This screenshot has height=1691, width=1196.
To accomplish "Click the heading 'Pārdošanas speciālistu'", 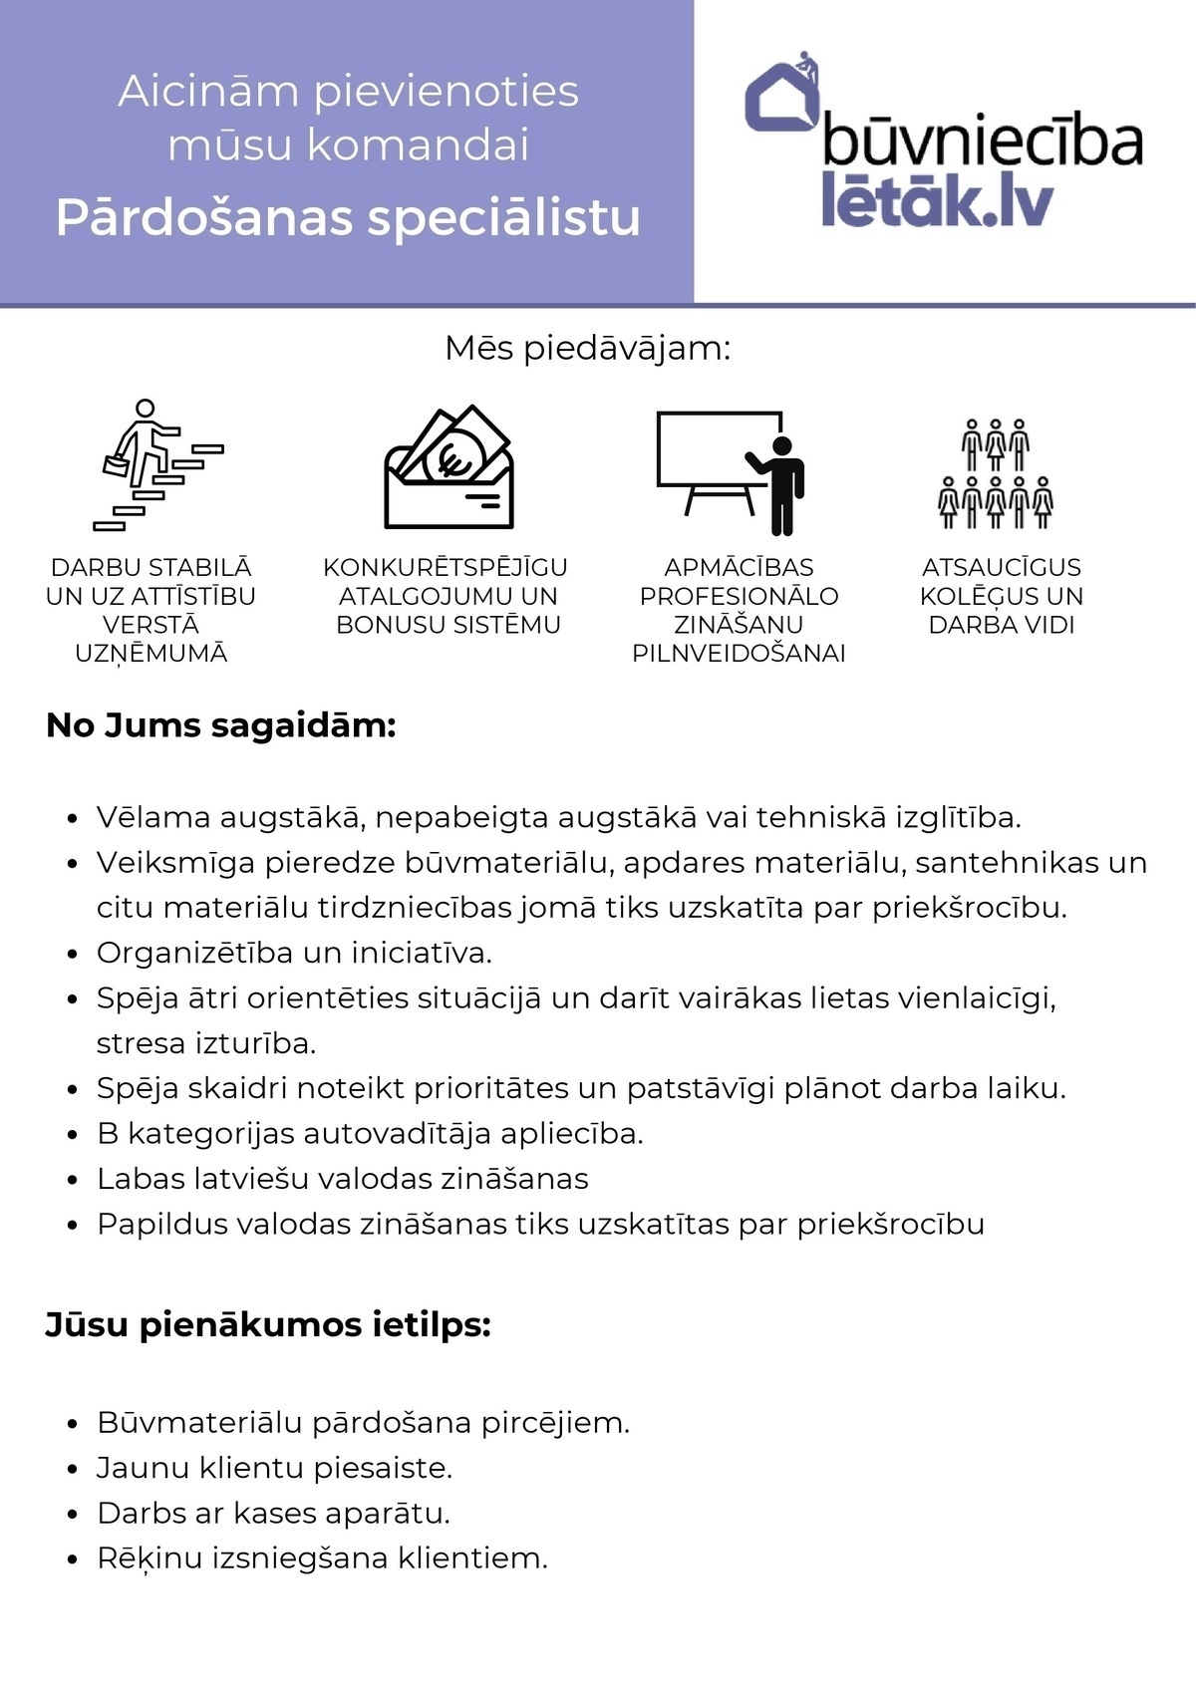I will (x=348, y=217).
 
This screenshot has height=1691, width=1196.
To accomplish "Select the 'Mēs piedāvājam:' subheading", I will (x=588, y=349).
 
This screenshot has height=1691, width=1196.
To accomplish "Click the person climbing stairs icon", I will (x=156, y=464).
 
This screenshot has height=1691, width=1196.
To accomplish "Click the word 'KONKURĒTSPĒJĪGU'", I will (x=446, y=567).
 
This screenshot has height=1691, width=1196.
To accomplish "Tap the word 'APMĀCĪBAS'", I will (x=739, y=567).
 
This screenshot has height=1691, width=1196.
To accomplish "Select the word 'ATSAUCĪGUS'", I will (x=1001, y=567).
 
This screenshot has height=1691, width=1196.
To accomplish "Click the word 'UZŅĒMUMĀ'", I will (x=151, y=654).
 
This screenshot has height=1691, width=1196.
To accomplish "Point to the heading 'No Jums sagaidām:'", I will (x=221, y=725).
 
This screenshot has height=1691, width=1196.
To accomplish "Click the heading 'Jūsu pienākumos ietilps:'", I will (x=268, y=1325).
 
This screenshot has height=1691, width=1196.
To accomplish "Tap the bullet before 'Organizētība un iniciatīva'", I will (x=72, y=955).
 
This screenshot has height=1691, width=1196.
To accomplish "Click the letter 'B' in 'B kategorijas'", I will (x=107, y=1134).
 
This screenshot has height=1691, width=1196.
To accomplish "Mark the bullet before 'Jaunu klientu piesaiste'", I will (x=72, y=1469).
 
